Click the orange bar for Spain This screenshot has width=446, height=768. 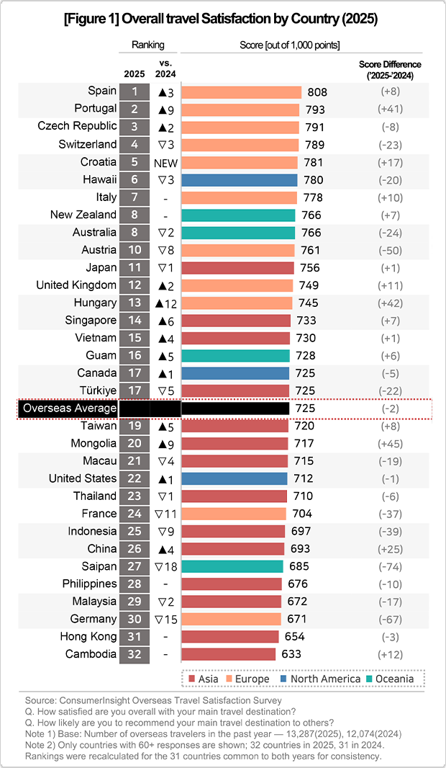pos(241,92)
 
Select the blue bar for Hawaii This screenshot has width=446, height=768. pos(239,180)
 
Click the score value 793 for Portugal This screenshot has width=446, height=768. pos(315,110)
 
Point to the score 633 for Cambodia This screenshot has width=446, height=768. pos(291,654)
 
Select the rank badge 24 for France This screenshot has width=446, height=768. pos(134,514)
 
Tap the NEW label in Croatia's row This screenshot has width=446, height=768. pos(165,163)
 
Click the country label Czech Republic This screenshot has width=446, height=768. pos(77,126)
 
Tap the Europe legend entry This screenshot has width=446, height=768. pos(247,679)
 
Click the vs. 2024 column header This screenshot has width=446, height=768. pos(165,69)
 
